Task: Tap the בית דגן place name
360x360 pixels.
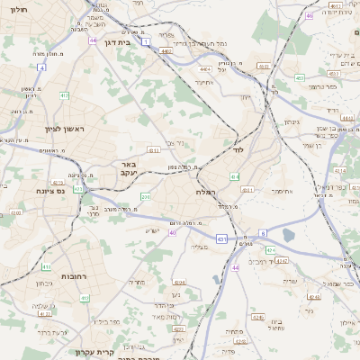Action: coord(131,41)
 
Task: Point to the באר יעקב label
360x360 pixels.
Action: coord(128,169)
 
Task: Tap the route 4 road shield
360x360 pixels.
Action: coord(41,67)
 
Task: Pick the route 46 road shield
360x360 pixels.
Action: coord(309,15)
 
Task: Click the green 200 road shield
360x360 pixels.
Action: coord(146,196)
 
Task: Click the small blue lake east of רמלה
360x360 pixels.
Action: coord(286,235)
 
